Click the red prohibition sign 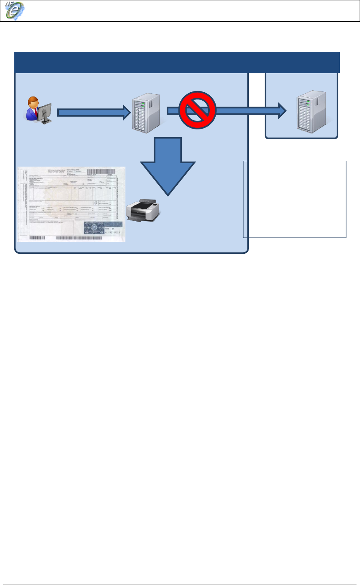[197, 110]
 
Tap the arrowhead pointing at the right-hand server [281, 111]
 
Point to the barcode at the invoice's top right [100, 171]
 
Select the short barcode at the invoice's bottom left [37, 238]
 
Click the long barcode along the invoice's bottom [81, 238]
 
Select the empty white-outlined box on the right [294, 199]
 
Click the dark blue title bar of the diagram [177, 62]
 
